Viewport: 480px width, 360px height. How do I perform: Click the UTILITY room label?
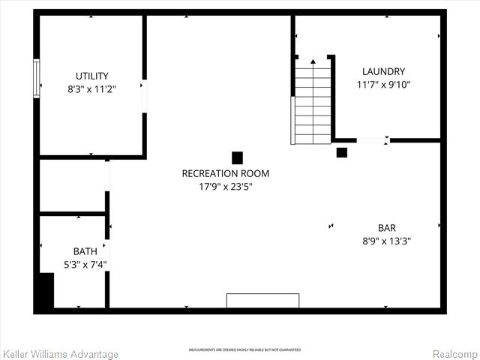pyautogui.click(x=91, y=76)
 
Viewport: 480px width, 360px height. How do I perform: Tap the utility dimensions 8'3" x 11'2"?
pyautogui.click(x=91, y=88)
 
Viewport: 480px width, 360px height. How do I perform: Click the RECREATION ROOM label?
pyautogui.click(x=225, y=173)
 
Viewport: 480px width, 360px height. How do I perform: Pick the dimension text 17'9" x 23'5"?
pyautogui.click(x=225, y=187)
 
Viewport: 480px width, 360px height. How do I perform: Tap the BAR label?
pyautogui.click(x=387, y=228)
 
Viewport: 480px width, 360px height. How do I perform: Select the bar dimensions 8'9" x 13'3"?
pyautogui.click(x=387, y=241)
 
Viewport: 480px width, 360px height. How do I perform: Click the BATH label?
pyautogui.click(x=85, y=251)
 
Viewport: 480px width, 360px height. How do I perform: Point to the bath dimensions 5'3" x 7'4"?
pyautogui.click(x=85, y=264)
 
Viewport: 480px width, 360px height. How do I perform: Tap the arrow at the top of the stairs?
pyautogui.click(x=313, y=61)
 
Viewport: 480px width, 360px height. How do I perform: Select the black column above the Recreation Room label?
pyautogui.click(x=237, y=157)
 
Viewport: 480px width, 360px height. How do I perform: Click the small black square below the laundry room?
pyautogui.click(x=341, y=152)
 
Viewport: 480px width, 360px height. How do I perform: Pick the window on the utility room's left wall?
pyautogui.click(x=36, y=79)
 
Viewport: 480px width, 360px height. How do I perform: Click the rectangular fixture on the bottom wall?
pyautogui.click(x=262, y=301)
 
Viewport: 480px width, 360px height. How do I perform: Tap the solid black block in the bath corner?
pyautogui.click(x=46, y=291)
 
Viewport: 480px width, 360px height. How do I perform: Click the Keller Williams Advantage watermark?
pyautogui.click(x=61, y=354)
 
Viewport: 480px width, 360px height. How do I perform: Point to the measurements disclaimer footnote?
pyautogui.click(x=244, y=350)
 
